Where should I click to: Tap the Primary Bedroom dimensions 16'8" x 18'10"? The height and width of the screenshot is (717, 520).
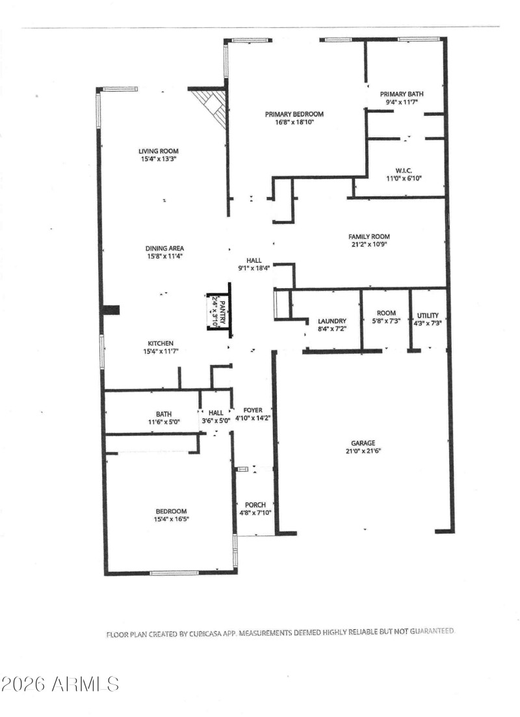tap(294, 122)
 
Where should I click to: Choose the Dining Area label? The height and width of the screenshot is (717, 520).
tap(164, 248)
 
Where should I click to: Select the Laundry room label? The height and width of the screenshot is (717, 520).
tap(332, 321)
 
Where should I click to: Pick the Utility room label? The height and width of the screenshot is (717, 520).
tap(428, 315)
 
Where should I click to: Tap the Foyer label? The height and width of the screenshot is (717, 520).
tap(252, 410)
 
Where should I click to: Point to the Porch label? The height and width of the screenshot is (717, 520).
tap(255, 505)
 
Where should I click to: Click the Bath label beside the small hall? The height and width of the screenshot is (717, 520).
tap(163, 413)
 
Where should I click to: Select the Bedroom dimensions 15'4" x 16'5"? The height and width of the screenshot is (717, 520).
tap(171, 519)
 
